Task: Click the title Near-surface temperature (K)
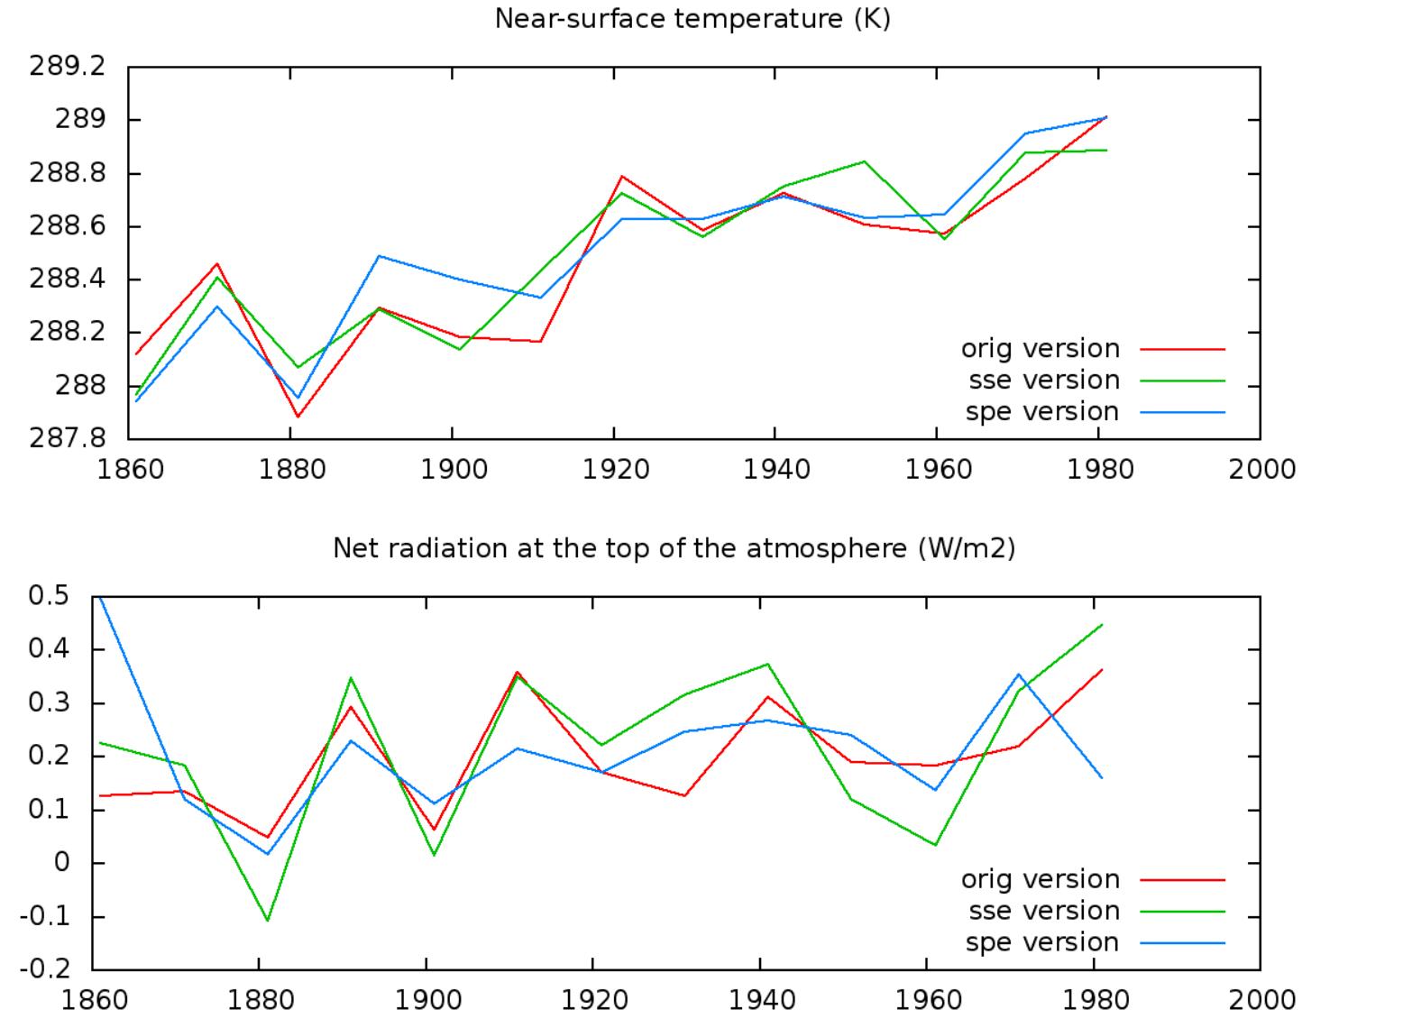[692, 19]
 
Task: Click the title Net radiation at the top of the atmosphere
[674, 548]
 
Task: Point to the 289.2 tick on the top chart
[68, 67]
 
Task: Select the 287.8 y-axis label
[68, 439]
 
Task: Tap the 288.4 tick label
[68, 280]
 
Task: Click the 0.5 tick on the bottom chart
[49, 596]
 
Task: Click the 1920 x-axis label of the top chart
[615, 470]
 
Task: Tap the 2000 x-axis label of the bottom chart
[1261, 1000]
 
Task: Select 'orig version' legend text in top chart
[1040, 349]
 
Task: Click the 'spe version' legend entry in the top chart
[1041, 412]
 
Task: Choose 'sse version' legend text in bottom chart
[1043, 911]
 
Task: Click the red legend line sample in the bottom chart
[1182, 879]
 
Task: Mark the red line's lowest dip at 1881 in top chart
[298, 417]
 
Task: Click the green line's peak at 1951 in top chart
[865, 161]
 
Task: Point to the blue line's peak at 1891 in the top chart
[379, 256]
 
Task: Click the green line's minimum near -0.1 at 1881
[267, 920]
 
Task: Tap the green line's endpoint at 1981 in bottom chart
[1102, 625]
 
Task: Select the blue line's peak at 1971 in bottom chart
[1019, 675]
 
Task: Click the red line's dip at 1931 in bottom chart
[684, 795]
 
